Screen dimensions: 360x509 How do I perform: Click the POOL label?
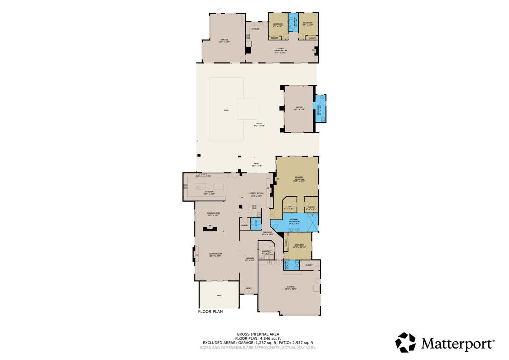click(226, 110)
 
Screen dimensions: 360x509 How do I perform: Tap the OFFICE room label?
click(299, 108)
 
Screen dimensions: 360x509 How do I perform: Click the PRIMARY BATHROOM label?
click(294, 222)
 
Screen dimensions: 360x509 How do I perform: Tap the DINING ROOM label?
click(213, 214)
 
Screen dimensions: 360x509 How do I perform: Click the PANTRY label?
click(245, 225)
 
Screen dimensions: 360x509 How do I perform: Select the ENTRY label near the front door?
click(248, 288)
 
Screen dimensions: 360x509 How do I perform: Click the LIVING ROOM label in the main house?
click(215, 255)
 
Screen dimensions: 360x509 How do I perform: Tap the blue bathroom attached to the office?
click(320, 108)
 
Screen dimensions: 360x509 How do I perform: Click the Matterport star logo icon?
click(405, 342)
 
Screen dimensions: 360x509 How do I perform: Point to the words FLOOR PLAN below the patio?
click(211, 312)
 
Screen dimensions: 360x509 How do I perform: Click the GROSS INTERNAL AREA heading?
click(257, 334)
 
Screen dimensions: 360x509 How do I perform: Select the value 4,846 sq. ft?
click(268, 338)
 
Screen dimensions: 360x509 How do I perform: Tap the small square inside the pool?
click(247, 109)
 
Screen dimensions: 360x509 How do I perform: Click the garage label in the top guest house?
click(224, 42)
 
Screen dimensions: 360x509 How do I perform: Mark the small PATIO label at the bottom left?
click(219, 296)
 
